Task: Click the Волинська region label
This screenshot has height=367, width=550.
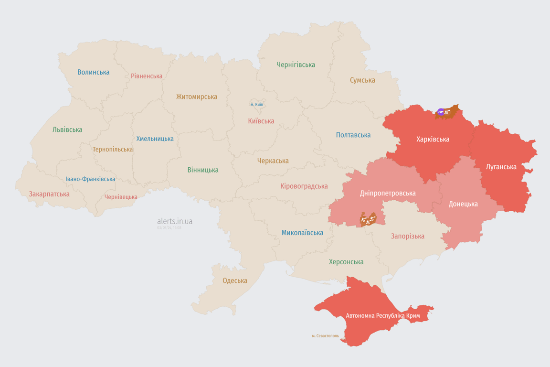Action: [x=94, y=72]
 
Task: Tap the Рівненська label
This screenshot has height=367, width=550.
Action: [x=147, y=76]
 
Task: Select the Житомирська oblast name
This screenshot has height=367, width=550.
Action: [x=197, y=97]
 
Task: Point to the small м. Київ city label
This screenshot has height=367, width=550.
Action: [x=257, y=104]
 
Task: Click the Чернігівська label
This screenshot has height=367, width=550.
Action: [x=296, y=65]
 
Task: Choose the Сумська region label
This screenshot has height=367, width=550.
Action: [x=362, y=80]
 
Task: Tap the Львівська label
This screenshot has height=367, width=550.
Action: [x=67, y=130]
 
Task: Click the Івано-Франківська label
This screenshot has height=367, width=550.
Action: [x=90, y=179]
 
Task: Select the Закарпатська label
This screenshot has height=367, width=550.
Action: [x=49, y=194]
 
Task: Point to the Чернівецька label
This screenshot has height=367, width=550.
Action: [x=121, y=197]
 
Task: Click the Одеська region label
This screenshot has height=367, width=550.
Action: [x=235, y=281]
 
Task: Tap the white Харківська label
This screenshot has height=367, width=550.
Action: [x=433, y=139]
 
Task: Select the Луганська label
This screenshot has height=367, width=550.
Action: [x=501, y=167]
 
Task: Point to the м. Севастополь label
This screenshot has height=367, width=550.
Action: [x=325, y=336]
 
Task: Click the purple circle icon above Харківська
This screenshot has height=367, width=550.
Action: [x=441, y=112]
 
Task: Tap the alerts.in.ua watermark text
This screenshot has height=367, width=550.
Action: [x=175, y=221]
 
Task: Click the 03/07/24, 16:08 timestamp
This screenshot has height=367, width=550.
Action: [x=169, y=227]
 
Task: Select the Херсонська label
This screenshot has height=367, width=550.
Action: [x=346, y=262]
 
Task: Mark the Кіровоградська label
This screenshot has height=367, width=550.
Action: [x=304, y=186]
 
